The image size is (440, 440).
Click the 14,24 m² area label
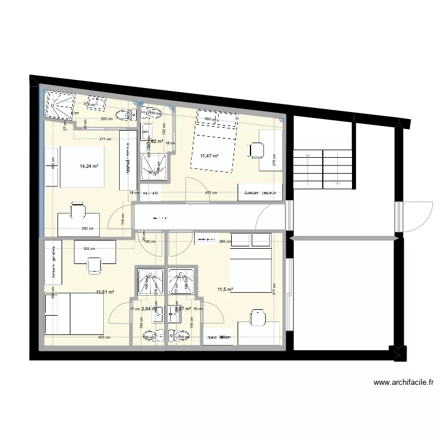[89, 166]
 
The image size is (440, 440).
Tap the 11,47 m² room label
[209, 156]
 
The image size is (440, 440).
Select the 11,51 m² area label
[105, 292]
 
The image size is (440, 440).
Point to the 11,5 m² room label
[225, 289]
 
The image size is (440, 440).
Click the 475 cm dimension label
[211, 193]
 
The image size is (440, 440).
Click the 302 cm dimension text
[90, 249]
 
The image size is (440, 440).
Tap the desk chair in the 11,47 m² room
[256, 150]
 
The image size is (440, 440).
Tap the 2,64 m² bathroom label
[149, 309]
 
